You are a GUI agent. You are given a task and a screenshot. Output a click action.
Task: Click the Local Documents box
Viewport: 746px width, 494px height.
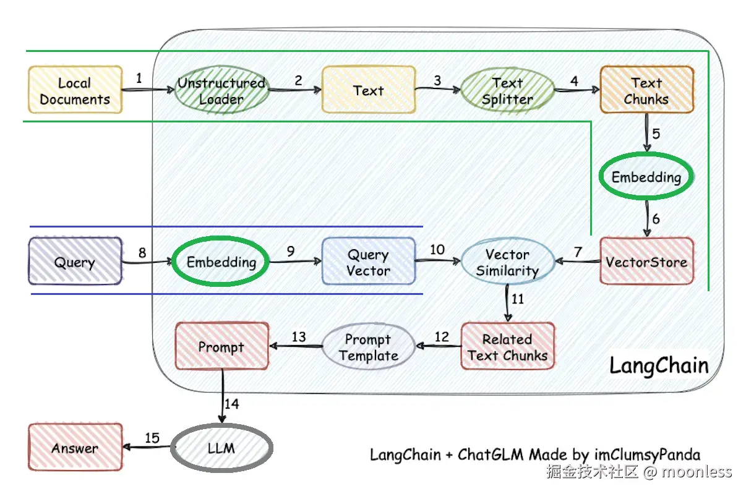click(75, 90)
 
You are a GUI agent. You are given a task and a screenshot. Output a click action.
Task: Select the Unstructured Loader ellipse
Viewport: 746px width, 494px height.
click(221, 90)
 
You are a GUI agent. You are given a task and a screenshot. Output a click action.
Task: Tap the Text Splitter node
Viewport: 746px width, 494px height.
click(507, 90)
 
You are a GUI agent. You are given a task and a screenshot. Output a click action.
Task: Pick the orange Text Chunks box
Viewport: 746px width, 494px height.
click(646, 90)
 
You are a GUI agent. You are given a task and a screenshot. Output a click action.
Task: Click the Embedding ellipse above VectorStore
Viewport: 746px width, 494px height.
click(646, 177)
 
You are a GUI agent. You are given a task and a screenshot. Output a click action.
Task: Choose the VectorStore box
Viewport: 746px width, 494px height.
click(646, 262)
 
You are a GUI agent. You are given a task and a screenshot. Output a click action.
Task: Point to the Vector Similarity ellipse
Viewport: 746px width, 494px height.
click(507, 262)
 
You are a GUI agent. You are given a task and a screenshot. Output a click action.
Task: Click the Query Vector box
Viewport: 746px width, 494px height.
click(368, 262)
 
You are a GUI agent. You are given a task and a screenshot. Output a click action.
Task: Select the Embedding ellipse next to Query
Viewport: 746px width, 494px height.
click(221, 262)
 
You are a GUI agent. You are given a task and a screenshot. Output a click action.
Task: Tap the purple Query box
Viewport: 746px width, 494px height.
click(75, 262)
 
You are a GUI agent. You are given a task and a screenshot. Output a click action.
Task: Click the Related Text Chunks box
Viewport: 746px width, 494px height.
click(507, 347)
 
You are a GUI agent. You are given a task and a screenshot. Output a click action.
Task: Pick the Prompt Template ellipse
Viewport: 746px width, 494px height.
click(368, 347)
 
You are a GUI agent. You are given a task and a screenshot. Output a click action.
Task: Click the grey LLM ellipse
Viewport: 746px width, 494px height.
click(221, 448)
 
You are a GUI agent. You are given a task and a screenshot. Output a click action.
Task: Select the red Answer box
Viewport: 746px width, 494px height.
click(75, 448)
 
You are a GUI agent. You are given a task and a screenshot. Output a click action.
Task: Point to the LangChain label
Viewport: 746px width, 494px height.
click(659, 365)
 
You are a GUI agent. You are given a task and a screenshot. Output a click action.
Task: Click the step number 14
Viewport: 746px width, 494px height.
click(231, 404)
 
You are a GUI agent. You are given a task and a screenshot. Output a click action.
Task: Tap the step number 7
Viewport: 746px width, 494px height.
click(578, 252)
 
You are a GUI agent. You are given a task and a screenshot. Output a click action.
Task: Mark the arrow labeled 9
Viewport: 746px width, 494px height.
click(295, 262)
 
